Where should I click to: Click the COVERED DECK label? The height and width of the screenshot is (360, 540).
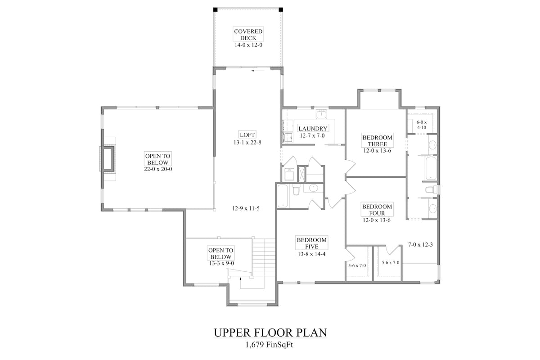pos(248,35)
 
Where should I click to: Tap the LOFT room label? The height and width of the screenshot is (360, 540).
pos(247,135)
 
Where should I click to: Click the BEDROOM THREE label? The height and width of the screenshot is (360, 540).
pos(378,141)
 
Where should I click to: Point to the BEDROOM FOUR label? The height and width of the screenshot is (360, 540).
pos(377,210)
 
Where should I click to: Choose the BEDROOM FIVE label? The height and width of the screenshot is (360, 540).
pos(311,243)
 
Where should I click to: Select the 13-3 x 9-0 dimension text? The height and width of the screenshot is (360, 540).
pos(221,263)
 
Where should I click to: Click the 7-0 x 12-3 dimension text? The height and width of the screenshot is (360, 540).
pos(420,245)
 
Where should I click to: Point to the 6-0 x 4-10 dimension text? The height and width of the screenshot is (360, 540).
pos(421,125)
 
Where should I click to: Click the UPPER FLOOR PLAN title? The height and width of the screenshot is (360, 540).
pos(270,333)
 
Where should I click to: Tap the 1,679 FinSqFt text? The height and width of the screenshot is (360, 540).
pos(270,345)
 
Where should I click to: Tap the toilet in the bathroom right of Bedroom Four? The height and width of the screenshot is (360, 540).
pos(430,190)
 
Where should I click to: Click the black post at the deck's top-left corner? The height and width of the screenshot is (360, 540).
pos(216,9)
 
